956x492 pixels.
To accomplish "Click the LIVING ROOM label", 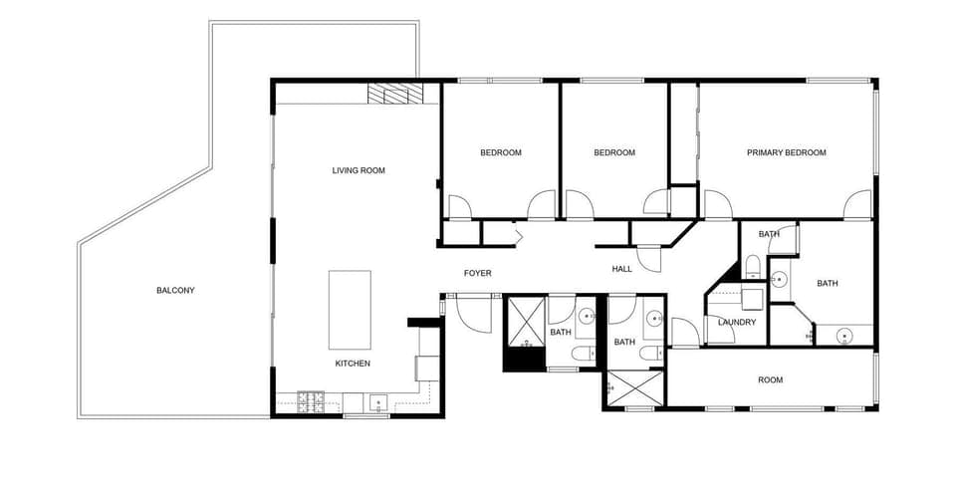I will tap(358, 170).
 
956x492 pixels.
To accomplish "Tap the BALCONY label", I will tap(175, 290).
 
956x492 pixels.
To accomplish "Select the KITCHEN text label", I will tap(353, 364).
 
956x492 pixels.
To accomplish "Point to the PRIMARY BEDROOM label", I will tap(787, 152).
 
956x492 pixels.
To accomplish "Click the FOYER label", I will tap(478, 273).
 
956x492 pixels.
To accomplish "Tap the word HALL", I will tap(621, 269).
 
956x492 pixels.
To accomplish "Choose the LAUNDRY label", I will tap(737, 322).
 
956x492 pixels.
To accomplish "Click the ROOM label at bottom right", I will tap(770, 379).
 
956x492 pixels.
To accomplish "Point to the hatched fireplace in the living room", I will tap(394, 94).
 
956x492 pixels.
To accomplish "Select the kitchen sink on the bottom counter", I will tap(377, 402).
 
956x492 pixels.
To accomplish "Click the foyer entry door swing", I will tap(472, 315).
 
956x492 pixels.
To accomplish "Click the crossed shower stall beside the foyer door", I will tap(524, 319).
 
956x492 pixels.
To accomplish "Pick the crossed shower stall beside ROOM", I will tap(633, 388).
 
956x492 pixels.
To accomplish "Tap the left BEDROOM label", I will tap(501, 152).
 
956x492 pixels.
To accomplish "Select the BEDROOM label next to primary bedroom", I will tap(614, 152).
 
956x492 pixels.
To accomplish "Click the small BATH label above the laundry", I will tap(769, 234).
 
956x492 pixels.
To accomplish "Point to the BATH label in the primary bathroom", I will tap(828, 283).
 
